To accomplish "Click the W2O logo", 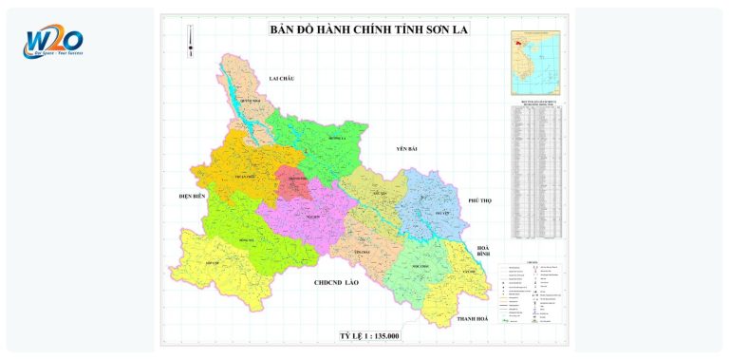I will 55,43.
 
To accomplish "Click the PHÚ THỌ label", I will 480,201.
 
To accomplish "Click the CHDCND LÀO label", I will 337,283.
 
